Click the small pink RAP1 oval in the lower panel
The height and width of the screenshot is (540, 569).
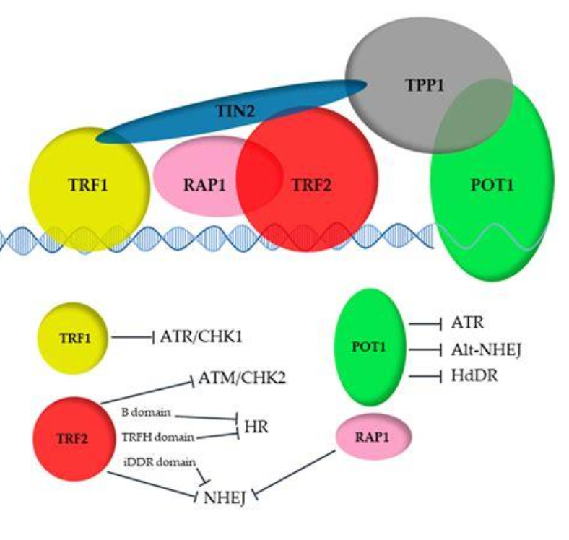pyautogui.click(x=374, y=437)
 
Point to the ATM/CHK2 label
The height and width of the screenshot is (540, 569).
pyautogui.click(x=240, y=378)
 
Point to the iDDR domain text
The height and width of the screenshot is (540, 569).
pyautogui.click(x=158, y=460)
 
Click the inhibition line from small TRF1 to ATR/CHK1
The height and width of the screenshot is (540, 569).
pyautogui.click(x=131, y=336)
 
